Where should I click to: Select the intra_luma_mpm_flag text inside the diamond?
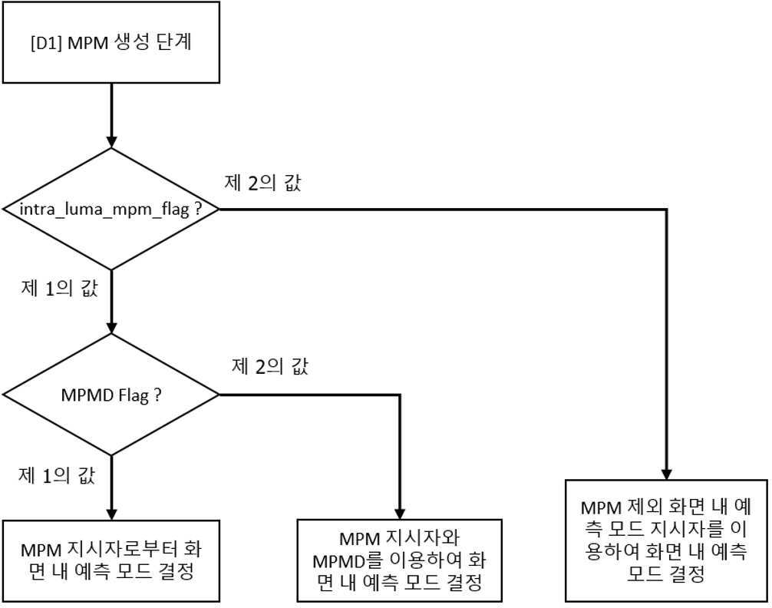(x=104, y=210)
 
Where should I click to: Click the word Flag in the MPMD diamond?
(x=134, y=395)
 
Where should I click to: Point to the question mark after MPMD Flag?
(x=157, y=395)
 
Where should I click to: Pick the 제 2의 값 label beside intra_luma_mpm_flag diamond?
(x=262, y=183)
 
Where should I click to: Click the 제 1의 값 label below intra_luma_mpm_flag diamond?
(x=60, y=288)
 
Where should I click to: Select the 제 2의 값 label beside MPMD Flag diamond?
(x=270, y=366)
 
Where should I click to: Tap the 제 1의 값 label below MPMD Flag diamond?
(x=57, y=475)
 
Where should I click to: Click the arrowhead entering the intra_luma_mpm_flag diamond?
(x=112, y=141)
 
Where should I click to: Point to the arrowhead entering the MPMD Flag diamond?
(x=112, y=327)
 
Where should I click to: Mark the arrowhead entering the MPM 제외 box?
(x=666, y=473)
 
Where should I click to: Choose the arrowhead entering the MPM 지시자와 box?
(x=400, y=512)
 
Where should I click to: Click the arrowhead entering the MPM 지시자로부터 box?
(x=112, y=513)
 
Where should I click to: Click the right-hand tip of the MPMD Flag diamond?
(x=219, y=395)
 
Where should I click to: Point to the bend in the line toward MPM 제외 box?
(x=666, y=210)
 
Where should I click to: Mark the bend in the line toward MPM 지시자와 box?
(x=400, y=395)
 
